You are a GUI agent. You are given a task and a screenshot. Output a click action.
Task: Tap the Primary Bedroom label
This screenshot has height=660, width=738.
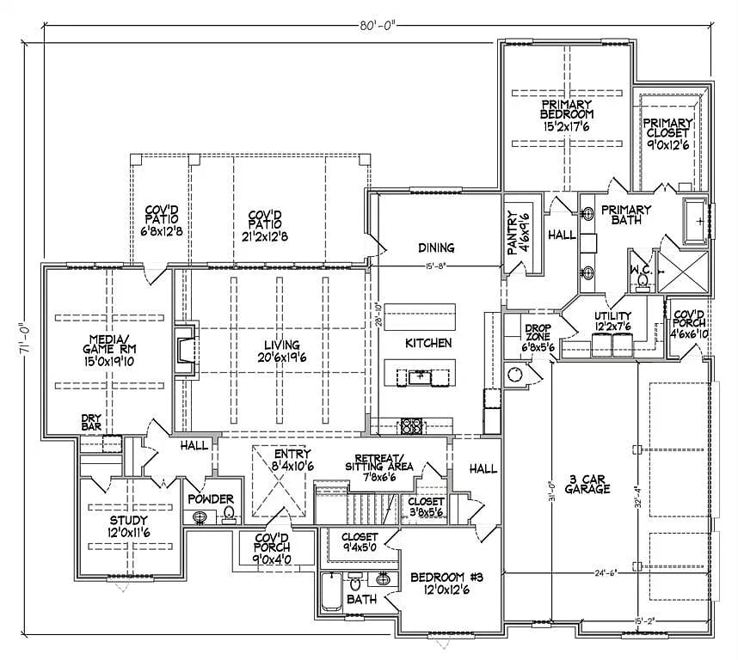click(x=566, y=115)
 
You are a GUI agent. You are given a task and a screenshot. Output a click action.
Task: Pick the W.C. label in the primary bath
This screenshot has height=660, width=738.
click(x=643, y=270)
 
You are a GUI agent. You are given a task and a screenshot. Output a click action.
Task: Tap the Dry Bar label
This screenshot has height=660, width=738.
click(x=92, y=423)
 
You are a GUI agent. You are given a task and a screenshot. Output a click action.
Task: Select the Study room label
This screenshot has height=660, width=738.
click(x=128, y=526)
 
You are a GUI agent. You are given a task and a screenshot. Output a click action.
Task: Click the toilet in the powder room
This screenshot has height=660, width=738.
click(x=229, y=514)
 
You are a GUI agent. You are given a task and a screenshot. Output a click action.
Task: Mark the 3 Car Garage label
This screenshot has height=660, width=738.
click(x=588, y=484)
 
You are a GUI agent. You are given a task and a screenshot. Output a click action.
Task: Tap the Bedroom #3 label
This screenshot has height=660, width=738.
click(x=446, y=583)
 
